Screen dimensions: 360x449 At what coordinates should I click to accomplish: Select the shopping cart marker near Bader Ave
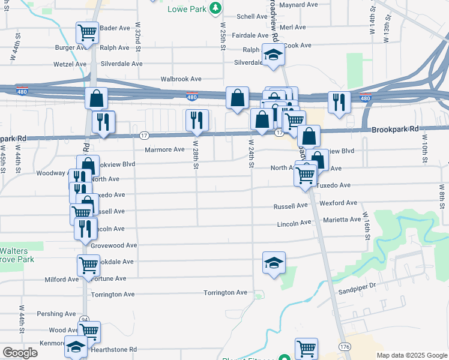click(87, 32)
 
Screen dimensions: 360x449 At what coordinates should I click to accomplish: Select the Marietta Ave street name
click(341, 220)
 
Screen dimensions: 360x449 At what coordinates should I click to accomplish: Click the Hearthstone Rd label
click(113, 349)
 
